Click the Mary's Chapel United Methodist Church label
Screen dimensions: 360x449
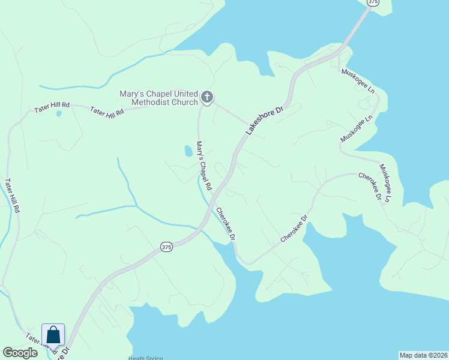tap(158, 98)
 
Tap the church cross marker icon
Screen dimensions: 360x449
tap(207, 97)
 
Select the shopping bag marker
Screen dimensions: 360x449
tap(53, 335)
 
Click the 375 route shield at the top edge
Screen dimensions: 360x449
tap(373, 2)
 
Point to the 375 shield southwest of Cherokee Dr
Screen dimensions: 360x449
tap(166, 247)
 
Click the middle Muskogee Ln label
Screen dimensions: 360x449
tap(357, 128)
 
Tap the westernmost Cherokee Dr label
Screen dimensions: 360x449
tap(224, 224)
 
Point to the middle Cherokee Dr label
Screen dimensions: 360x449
tap(294, 229)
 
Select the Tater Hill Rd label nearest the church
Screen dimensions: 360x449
tap(107, 112)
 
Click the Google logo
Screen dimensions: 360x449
tap(20, 353)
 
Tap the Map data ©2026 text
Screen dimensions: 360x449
tap(423, 355)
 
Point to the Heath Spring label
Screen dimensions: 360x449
tap(146, 358)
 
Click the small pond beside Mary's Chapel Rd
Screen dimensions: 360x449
tap(188, 151)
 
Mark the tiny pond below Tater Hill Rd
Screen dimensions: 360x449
tap(58, 113)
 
